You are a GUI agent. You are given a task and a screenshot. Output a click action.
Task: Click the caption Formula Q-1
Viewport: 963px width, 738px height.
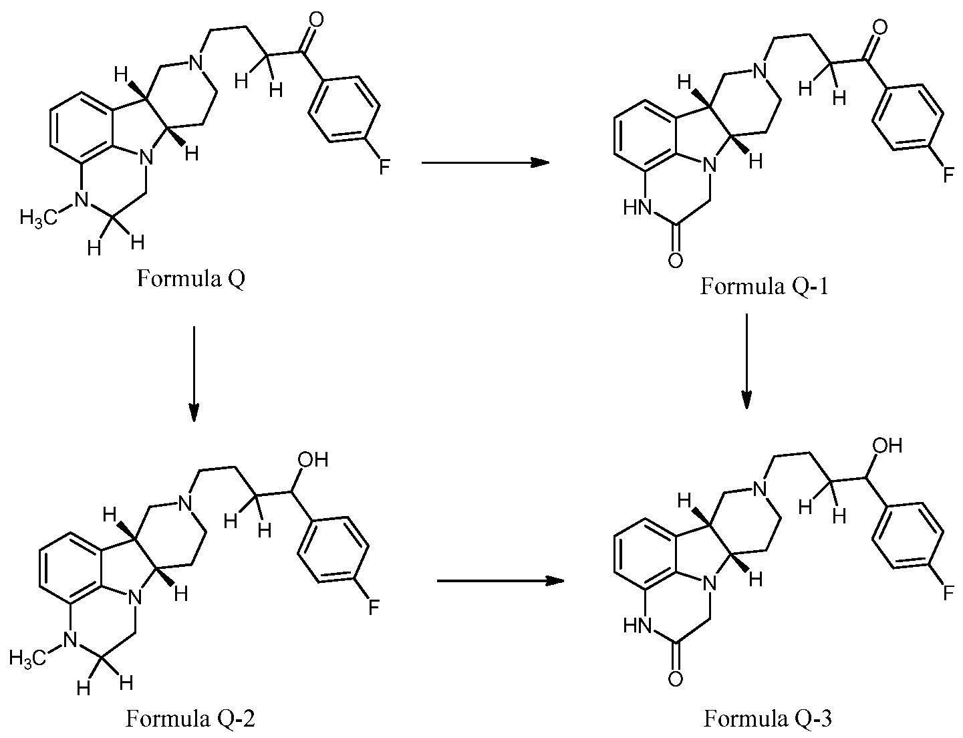[x=764, y=286]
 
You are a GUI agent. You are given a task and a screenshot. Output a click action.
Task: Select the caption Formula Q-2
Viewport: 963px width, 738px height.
[x=190, y=719]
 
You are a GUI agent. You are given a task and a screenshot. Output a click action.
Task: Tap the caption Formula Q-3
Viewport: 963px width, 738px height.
[x=768, y=719]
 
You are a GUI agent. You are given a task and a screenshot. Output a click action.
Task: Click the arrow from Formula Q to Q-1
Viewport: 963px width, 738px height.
[x=485, y=162]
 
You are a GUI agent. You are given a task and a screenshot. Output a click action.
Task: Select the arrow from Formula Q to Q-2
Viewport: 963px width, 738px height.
[x=194, y=374]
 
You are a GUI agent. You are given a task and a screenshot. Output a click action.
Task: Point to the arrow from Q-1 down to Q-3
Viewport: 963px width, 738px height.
[x=746, y=361]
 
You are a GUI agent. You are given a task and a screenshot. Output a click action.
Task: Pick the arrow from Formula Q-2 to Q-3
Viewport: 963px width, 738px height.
[x=501, y=581]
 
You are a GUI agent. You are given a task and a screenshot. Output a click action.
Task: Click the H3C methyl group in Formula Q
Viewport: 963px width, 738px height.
[x=39, y=219]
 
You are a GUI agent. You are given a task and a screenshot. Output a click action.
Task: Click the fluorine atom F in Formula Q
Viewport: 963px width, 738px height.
[x=384, y=168]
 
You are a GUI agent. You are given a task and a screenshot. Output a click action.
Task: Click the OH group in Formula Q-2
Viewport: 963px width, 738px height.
[x=313, y=460]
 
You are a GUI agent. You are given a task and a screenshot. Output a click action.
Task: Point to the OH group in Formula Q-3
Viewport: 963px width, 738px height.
[x=887, y=446]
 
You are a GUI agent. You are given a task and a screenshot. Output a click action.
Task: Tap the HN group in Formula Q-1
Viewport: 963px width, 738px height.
[x=638, y=207]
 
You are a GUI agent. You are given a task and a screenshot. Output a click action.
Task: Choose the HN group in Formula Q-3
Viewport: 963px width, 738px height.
[x=638, y=626]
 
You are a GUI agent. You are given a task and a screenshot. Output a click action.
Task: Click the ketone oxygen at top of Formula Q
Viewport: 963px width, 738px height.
[x=316, y=20]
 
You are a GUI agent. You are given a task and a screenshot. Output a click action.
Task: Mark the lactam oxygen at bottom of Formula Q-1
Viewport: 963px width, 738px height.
[x=675, y=260]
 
